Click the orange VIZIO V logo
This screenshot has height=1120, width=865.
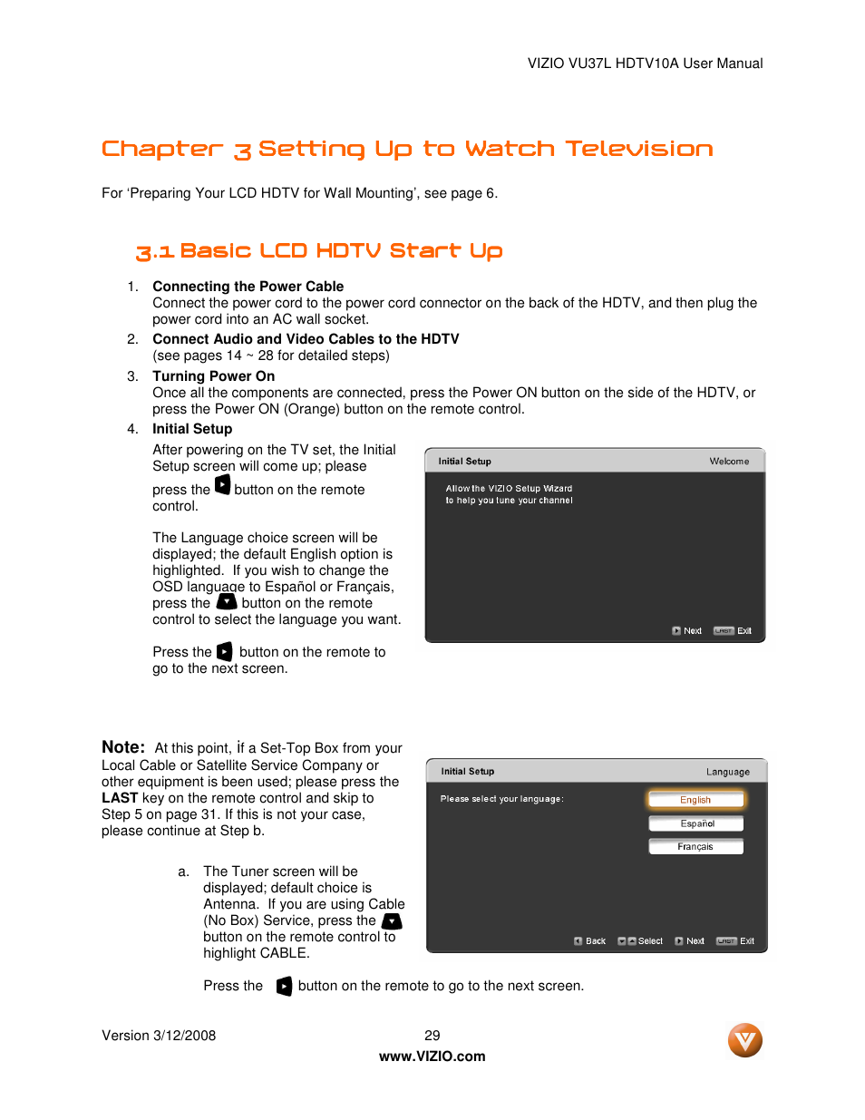(x=744, y=1039)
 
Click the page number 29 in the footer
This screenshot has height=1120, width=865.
(x=432, y=1035)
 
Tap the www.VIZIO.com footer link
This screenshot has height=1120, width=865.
(x=432, y=1056)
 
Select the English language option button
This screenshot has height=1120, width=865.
(x=695, y=800)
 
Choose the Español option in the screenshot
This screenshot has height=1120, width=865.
(x=696, y=823)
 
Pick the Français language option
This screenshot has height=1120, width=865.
(x=695, y=846)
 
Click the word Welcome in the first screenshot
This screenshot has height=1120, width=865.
(x=729, y=462)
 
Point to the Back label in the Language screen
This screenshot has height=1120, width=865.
(x=595, y=941)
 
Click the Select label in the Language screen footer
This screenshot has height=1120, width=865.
(x=650, y=941)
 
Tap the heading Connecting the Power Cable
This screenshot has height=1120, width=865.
(x=248, y=287)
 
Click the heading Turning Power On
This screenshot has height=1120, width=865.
(x=213, y=376)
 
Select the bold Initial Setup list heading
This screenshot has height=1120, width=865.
(x=192, y=429)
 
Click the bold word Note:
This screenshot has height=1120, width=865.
(x=123, y=747)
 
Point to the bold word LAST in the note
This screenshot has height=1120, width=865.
(x=120, y=798)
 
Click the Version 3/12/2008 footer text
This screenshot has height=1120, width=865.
(x=159, y=1036)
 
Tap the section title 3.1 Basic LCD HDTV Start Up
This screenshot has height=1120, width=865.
(x=318, y=251)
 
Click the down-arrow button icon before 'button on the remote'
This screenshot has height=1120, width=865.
(x=227, y=602)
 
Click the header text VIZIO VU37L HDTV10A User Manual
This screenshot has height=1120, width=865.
(x=645, y=63)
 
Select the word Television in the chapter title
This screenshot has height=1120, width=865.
(x=638, y=149)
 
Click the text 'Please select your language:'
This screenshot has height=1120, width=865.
(x=501, y=799)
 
